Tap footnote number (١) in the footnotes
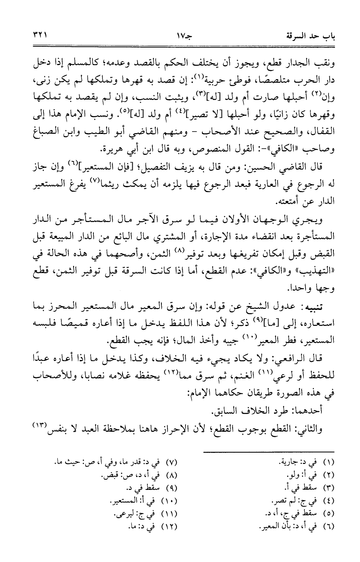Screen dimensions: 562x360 [x=329, y=462]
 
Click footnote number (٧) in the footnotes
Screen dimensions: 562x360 [x=173, y=462]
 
